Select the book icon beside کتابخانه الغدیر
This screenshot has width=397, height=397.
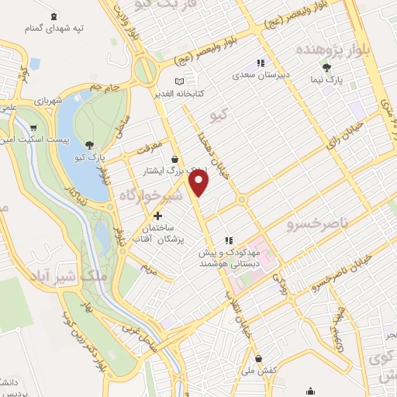[180, 81]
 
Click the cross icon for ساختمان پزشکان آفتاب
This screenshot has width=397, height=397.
[158, 216]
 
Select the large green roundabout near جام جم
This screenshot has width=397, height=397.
[144, 71]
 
